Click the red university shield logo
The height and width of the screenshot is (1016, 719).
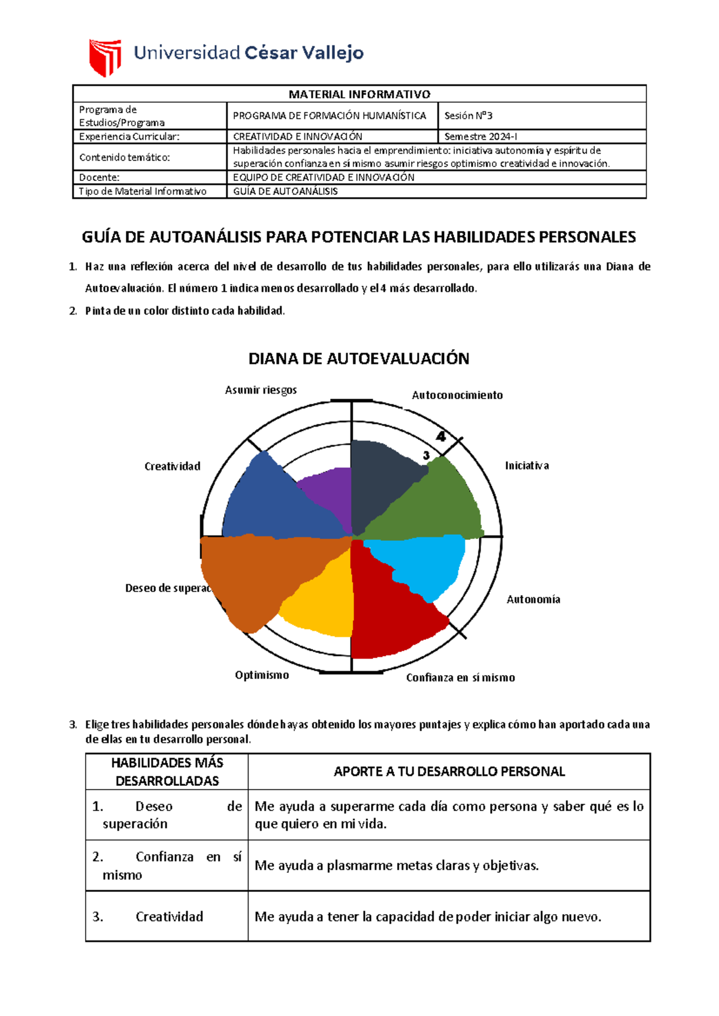click(105, 57)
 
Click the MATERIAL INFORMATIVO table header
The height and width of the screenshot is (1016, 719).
click(359, 94)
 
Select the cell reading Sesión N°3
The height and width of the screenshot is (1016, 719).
click(468, 116)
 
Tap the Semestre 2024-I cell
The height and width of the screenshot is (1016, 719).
click(481, 137)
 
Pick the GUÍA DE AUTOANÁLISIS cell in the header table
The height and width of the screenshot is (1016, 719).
click(285, 192)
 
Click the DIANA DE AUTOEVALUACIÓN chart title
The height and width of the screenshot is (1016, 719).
click(359, 359)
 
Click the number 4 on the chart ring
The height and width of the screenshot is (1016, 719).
click(441, 436)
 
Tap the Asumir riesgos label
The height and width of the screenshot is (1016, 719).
click(261, 390)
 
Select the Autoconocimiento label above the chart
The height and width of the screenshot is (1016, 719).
click(457, 395)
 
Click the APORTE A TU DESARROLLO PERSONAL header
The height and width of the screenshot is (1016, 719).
click(449, 772)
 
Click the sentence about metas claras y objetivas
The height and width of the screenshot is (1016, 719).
click(397, 866)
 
